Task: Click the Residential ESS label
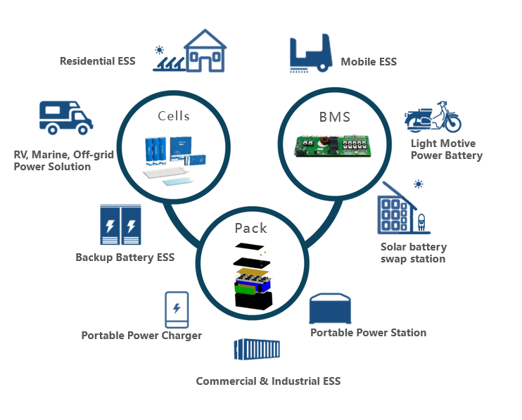97,61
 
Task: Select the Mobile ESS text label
369,62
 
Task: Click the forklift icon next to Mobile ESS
310,52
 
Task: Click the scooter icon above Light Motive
433,117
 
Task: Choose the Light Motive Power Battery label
447,149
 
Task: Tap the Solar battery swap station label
413,253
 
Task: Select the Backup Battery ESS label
125,257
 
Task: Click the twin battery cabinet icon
120,224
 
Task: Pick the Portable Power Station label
368,332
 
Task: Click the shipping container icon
257,353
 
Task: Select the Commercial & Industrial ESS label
268,381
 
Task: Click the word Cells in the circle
174,115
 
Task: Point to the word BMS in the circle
334,117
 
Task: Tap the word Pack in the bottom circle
250,228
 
